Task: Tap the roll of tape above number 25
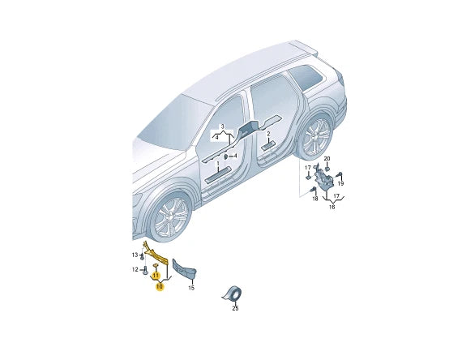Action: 233,294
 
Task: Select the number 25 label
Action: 235,308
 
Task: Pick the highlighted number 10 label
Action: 160,286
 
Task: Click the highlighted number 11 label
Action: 156,276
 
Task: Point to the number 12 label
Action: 135,269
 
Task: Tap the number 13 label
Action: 135,255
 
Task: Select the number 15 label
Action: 191,288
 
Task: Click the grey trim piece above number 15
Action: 184,269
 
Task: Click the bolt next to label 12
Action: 145,270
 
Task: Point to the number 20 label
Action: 327,159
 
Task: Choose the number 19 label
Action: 340,184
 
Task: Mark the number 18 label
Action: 315,199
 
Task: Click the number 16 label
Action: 332,207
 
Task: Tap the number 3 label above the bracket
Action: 223,126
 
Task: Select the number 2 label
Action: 268,134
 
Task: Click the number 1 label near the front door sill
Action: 218,163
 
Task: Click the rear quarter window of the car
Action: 306,77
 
